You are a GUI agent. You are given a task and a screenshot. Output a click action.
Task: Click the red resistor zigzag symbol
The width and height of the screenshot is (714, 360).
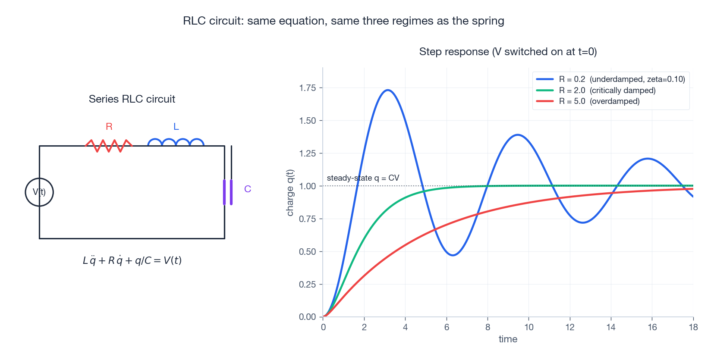[x=109, y=145]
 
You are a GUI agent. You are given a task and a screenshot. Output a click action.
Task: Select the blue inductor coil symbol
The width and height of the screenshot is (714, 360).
[x=176, y=143]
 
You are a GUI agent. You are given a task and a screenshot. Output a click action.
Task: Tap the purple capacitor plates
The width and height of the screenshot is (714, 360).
[x=228, y=192]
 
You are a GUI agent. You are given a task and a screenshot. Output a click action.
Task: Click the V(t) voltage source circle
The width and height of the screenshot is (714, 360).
[x=39, y=192]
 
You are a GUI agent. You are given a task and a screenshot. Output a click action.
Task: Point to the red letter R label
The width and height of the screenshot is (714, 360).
[x=109, y=126]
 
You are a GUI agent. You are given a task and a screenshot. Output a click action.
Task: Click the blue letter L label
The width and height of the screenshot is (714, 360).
[x=176, y=127]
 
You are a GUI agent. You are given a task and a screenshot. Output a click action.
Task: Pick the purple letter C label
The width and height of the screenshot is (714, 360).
[x=248, y=189]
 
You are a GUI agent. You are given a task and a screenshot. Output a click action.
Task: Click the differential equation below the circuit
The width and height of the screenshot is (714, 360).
[x=132, y=260]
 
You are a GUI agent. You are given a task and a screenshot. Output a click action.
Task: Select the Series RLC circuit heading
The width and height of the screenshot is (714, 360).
[x=132, y=99]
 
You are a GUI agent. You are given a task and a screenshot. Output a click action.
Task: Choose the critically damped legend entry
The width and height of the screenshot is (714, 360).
[x=607, y=91]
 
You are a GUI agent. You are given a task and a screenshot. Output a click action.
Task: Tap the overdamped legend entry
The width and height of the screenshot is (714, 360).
[x=599, y=101]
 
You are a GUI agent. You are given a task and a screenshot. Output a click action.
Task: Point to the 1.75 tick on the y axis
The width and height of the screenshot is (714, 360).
[x=308, y=88]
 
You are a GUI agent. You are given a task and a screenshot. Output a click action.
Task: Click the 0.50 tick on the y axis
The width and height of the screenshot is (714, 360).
[x=308, y=252]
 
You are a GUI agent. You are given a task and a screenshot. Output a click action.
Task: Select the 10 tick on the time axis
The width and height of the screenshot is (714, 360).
[x=529, y=327]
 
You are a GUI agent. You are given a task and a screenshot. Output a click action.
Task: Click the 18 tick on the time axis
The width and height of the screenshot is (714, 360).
[x=693, y=327]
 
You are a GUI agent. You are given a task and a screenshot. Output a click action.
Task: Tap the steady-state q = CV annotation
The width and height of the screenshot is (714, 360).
[x=363, y=178]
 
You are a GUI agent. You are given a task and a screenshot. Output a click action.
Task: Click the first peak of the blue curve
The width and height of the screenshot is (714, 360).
[x=388, y=90]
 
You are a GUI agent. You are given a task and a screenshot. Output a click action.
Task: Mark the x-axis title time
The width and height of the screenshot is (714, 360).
[x=508, y=339]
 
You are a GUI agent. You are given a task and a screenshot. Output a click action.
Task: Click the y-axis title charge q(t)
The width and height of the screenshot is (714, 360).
[x=290, y=193]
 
